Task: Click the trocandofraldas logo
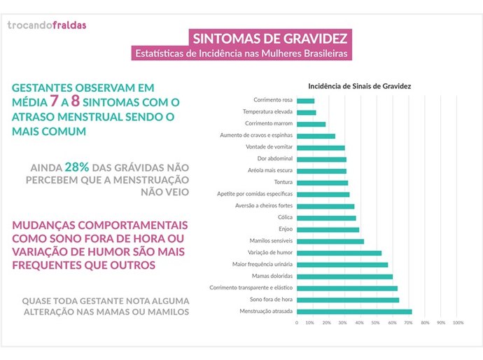47,25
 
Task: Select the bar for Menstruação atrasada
354,312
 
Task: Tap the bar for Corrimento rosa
305,101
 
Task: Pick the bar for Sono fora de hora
348,300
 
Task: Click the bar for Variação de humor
339,253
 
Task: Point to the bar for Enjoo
328,229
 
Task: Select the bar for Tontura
322,182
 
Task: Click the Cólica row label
284,217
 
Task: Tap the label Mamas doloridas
272,276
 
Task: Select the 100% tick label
458,323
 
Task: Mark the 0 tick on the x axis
297,323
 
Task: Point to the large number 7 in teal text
52,102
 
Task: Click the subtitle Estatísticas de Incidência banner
241,53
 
